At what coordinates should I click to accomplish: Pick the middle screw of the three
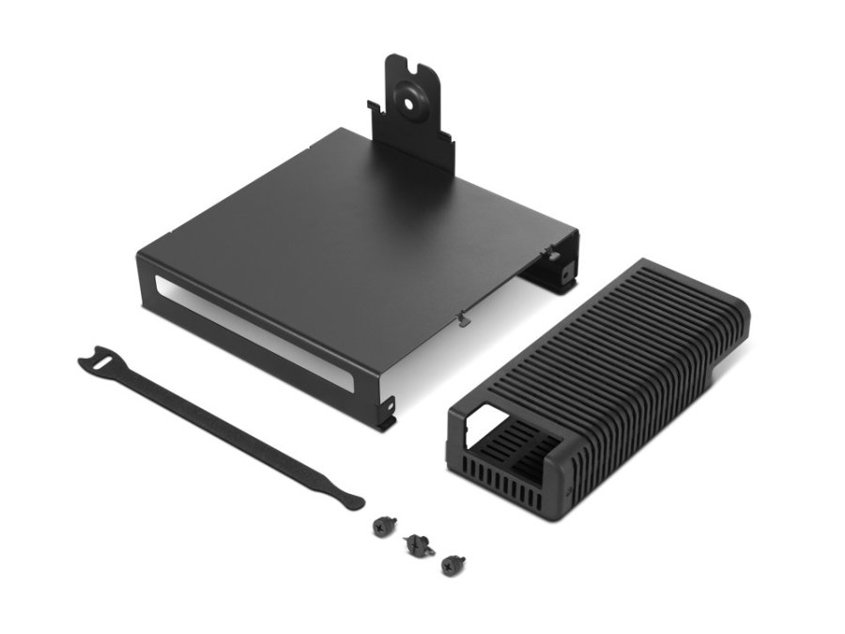(x=414, y=542)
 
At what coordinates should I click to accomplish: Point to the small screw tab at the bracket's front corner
(x=386, y=411)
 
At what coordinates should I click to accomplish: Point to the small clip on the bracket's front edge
(x=463, y=318)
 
